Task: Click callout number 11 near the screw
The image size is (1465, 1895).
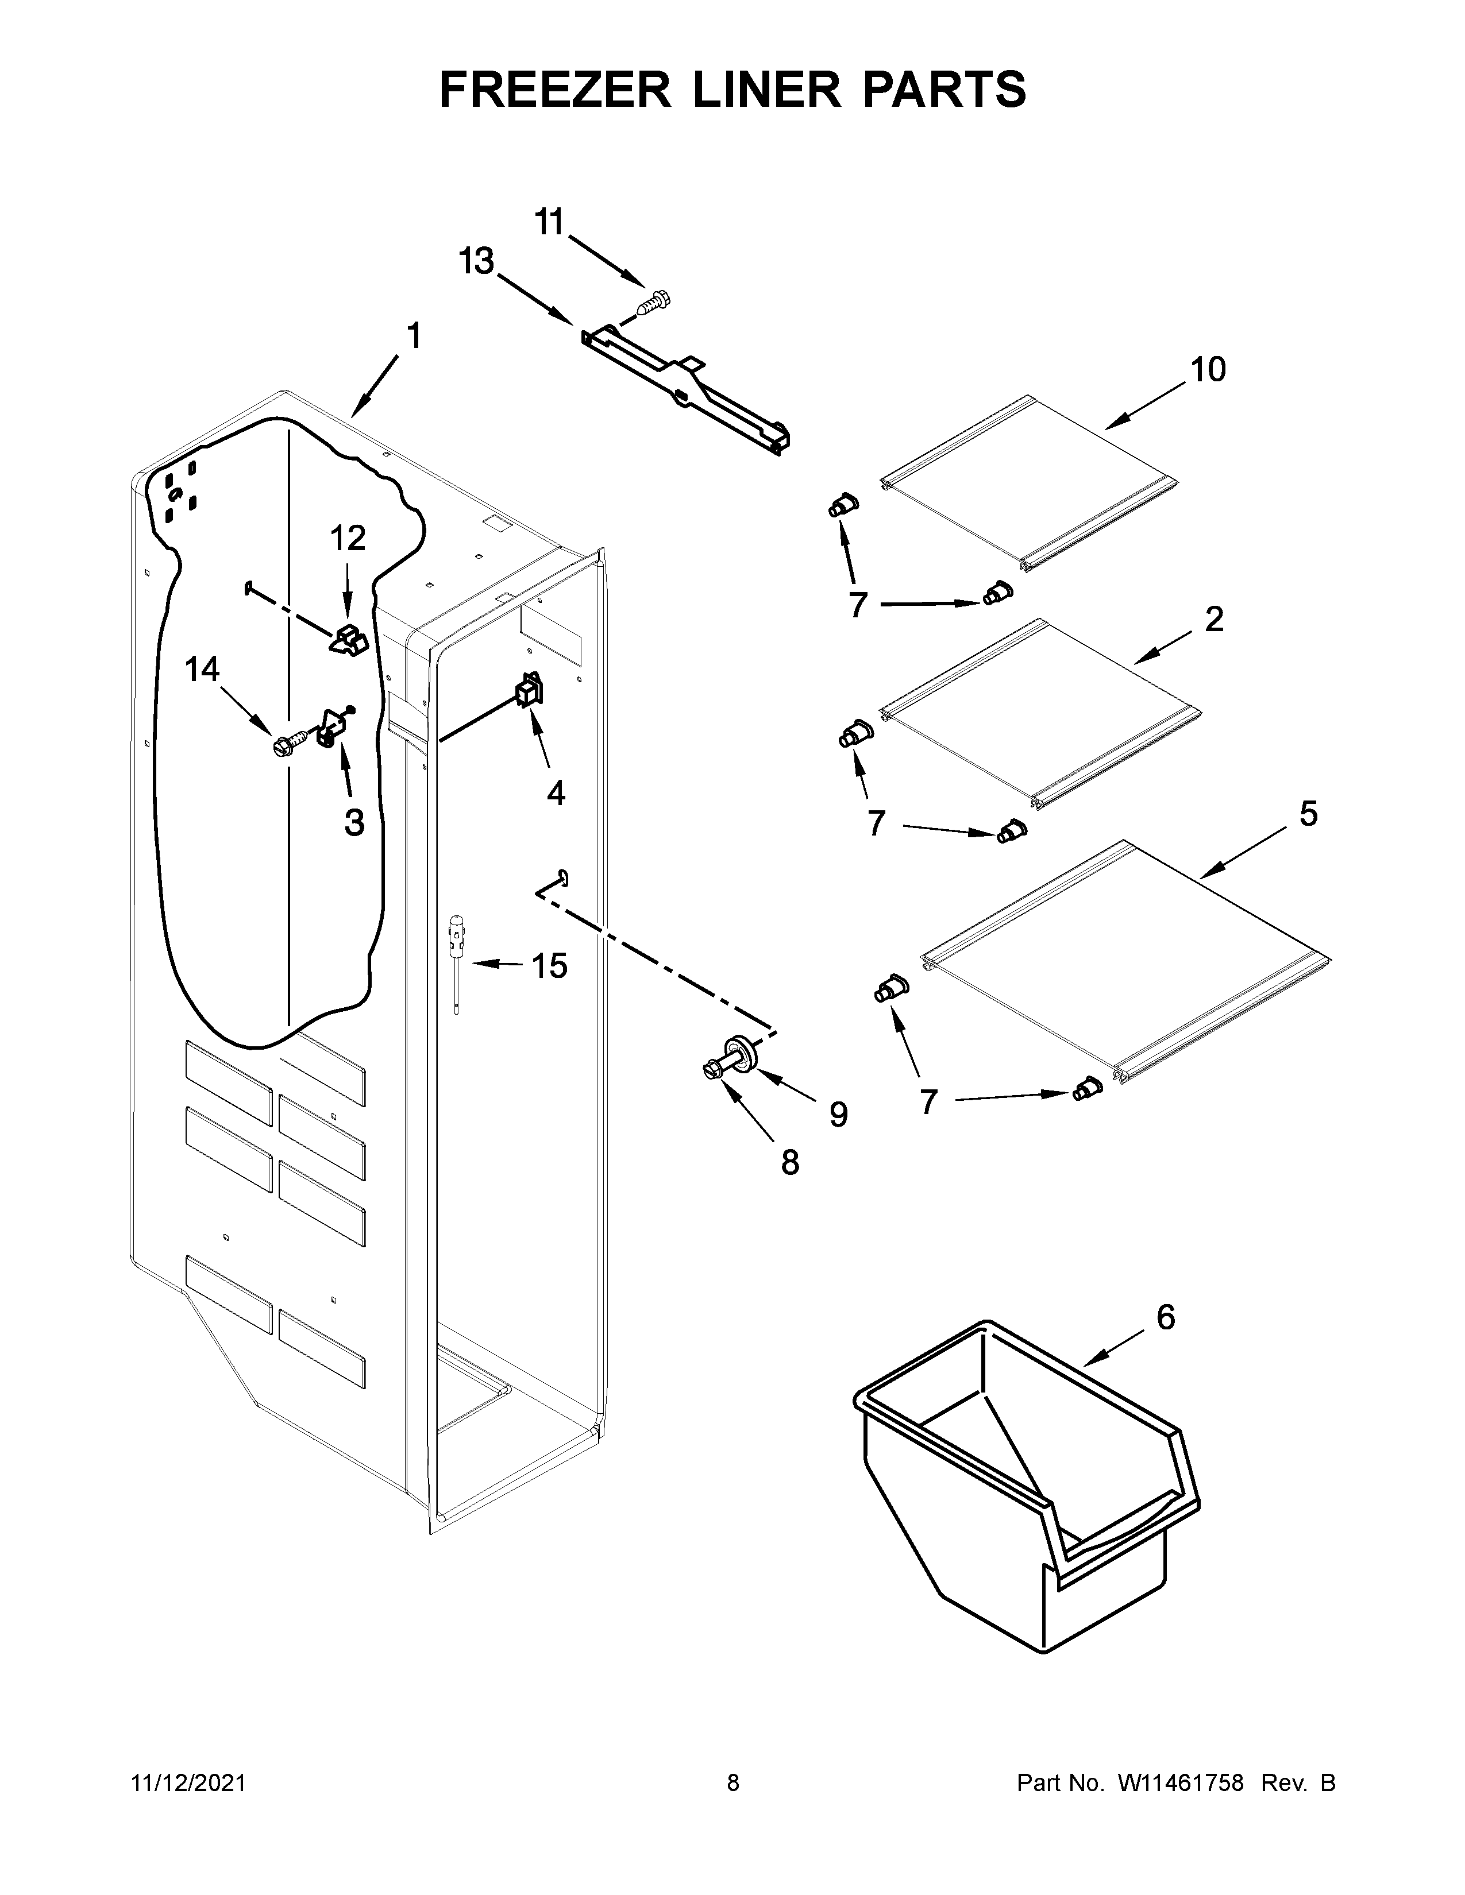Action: (x=549, y=223)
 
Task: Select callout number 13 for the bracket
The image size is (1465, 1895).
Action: (x=476, y=261)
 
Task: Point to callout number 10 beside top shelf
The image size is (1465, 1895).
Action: (x=1207, y=370)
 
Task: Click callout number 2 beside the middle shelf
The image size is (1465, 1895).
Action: (x=1213, y=620)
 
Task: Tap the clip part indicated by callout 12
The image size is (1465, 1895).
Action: (x=350, y=640)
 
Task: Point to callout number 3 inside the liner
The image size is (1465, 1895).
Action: (x=354, y=822)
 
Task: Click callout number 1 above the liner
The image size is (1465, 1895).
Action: (x=414, y=336)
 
